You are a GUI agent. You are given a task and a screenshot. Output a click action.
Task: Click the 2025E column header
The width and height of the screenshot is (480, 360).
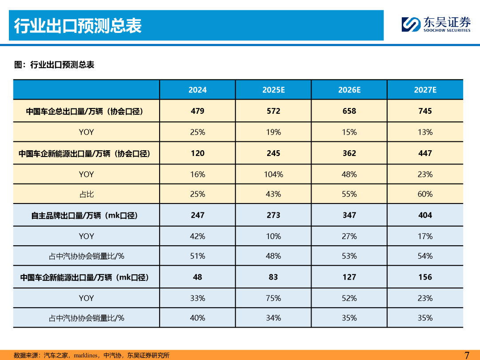273,90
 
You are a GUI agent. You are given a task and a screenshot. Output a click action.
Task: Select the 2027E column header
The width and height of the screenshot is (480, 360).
425,90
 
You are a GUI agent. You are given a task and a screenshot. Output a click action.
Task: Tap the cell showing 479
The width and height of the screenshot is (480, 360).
197,111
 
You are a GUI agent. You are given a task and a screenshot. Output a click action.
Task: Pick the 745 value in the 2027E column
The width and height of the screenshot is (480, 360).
425,111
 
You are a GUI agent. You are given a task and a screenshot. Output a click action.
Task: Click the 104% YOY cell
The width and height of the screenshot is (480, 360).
273,174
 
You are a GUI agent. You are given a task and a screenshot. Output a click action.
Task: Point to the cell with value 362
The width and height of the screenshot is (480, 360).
349,153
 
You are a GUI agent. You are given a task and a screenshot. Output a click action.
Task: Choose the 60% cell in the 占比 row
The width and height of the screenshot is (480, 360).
425,194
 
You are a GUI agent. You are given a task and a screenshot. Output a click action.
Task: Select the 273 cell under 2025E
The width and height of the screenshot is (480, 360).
273,215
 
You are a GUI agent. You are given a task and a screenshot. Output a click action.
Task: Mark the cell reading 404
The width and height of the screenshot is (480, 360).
425,215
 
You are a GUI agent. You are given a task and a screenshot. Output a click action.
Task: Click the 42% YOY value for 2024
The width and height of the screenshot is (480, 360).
197,236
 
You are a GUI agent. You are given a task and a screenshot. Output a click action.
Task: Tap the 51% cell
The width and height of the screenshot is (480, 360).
197,256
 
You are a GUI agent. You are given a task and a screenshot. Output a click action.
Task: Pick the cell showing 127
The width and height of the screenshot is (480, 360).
349,277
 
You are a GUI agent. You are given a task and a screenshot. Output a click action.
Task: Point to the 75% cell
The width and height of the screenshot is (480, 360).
273,298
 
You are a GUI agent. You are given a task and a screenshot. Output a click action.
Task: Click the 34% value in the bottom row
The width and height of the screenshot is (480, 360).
273,318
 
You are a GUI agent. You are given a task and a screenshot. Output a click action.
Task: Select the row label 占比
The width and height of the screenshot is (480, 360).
86,194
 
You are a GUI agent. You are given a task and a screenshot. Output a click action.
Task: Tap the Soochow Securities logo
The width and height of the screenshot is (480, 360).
436,24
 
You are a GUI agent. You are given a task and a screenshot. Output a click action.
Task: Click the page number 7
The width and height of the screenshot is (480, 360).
467,355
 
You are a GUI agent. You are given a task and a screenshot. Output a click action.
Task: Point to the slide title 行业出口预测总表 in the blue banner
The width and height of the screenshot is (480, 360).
78,26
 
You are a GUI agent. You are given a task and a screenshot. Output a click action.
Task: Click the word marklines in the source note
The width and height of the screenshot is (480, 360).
85,356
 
